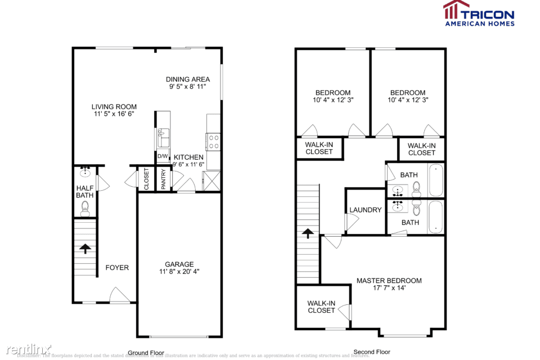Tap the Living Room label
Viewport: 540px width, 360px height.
114,107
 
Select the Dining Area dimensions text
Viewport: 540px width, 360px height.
187,87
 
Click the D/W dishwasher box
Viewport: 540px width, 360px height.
162,156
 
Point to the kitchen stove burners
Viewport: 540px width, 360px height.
214,141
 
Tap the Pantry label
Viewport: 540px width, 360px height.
164,179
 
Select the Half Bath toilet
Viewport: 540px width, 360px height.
85,209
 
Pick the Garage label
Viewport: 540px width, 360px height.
179,264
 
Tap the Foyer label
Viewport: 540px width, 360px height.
117,268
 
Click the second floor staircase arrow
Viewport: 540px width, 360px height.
308,232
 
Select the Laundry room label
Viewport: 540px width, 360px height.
365,210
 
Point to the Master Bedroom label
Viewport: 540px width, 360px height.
389,281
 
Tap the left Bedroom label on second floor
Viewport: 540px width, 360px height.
332,93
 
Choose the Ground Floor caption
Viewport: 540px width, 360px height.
146,353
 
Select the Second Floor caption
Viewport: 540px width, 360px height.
371,353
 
